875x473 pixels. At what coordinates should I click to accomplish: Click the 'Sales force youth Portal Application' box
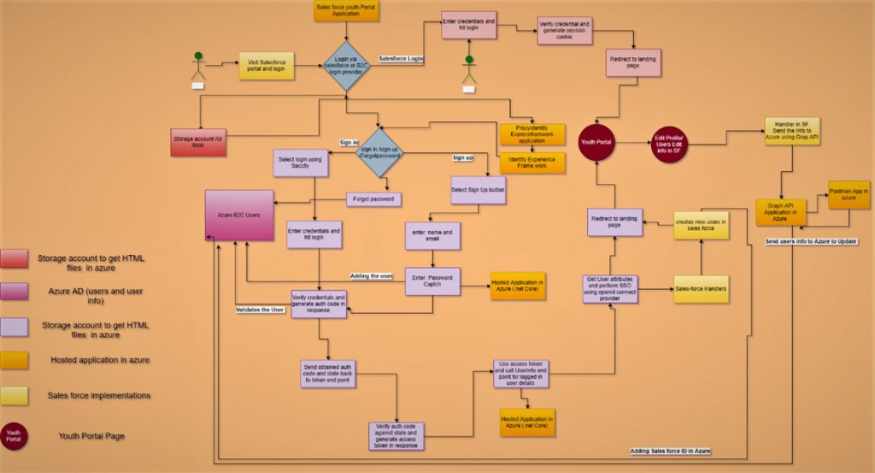[346, 11]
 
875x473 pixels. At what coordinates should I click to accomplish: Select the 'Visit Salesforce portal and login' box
[266, 67]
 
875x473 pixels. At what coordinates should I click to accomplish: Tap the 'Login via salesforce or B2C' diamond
[346, 66]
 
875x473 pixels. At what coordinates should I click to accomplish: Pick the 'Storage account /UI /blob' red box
[198, 142]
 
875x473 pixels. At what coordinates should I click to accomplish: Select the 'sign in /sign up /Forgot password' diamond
[379, 153]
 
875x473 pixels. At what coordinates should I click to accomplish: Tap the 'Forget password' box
[373, 199]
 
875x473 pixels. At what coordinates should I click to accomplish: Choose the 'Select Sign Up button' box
[478, 190]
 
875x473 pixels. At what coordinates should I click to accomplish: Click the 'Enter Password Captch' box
[432, 281]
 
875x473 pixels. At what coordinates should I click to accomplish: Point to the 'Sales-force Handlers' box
[702, 289]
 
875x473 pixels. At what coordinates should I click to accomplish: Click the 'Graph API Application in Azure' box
[780, 212]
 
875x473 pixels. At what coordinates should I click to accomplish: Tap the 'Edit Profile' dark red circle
[668, 145]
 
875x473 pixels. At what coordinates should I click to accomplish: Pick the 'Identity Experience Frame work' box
[531, 163]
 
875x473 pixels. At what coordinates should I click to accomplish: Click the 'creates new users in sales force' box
[701, 225]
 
